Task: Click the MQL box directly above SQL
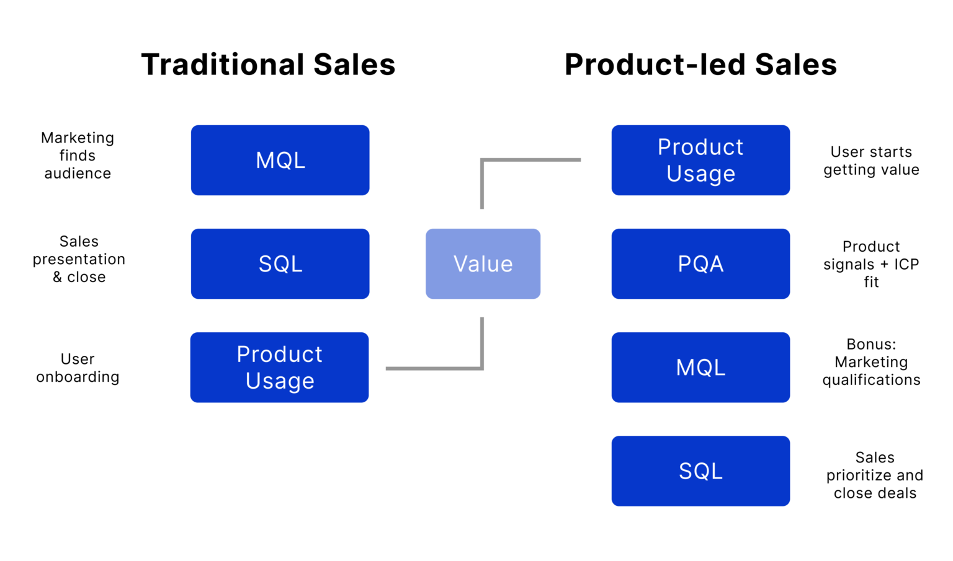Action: tap(280, 160)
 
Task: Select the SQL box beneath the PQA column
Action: tap(700, 470)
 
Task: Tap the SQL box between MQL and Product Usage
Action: tap(280, 263)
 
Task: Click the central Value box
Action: tap(483, 263)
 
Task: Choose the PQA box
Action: tap(700, 263)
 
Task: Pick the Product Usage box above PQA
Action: tap(700, 160)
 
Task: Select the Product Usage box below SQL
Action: tap(279, 367)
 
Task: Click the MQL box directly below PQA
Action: tap(700, 367)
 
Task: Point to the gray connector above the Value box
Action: tap(531, 160)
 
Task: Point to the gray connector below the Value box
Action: tap(434, 369)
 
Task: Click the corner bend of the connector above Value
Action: tap(482, 161)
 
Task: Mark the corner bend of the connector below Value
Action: tap(482, 368)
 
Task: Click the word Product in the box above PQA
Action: tap(700, 148)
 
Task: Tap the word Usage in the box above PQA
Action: tap(700, 174)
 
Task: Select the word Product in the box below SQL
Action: tap(279, 355)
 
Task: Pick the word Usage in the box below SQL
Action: tap(280, 381)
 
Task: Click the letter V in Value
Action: tap(461, 264)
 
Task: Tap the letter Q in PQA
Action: tap(700, 265)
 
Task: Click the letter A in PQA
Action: tap(716, 264)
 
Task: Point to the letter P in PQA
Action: tap(684, 264)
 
